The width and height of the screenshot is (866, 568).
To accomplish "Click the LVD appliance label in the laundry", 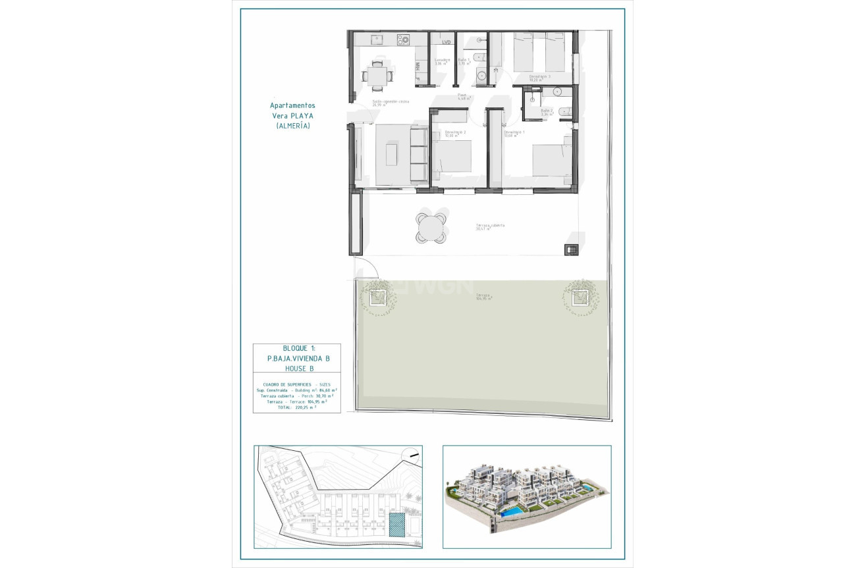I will tap(447, 42).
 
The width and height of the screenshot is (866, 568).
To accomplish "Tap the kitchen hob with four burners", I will tap(403, 40).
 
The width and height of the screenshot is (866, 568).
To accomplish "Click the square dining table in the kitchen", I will tap(377, 74).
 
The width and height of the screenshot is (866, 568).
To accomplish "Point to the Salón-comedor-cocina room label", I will tap(391, 102).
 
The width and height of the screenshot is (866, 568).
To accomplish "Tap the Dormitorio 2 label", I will tap(455, 133).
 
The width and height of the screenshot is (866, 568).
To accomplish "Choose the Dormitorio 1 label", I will tap(514, 133).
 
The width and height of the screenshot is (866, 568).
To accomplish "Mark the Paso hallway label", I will tap(462, 96).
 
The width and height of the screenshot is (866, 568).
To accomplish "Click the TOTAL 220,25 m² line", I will tap(297, 407).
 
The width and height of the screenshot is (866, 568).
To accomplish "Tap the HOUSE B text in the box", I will tap(298, 369).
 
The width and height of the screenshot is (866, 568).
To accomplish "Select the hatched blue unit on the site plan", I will tap(397, 525).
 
